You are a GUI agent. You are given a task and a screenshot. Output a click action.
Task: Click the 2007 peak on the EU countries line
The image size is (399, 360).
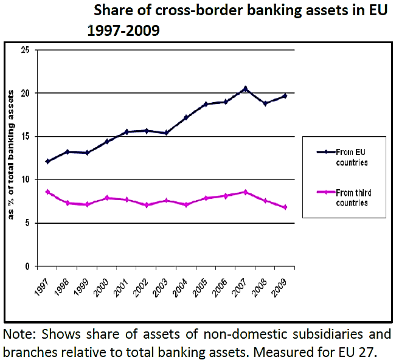pos(245,89)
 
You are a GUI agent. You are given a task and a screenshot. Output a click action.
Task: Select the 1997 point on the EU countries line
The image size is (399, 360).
pos(47,161)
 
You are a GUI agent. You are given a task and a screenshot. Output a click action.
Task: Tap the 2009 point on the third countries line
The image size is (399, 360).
pos(285,207)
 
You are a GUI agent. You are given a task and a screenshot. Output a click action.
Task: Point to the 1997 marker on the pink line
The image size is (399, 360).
pos(47,192)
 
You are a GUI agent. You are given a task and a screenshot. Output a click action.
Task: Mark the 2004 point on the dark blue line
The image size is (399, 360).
pos(186,117)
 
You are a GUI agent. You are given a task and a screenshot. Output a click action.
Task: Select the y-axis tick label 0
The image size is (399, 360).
pos(27,266)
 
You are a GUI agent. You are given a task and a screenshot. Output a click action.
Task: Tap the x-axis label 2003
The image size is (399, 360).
pos(161,286)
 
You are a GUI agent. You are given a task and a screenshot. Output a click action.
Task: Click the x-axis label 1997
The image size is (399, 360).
pos(42,286)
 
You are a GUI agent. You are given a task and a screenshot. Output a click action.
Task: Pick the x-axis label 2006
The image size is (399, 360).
pos(220,286)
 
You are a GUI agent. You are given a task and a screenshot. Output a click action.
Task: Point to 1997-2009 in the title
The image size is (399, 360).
pos(123,30)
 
